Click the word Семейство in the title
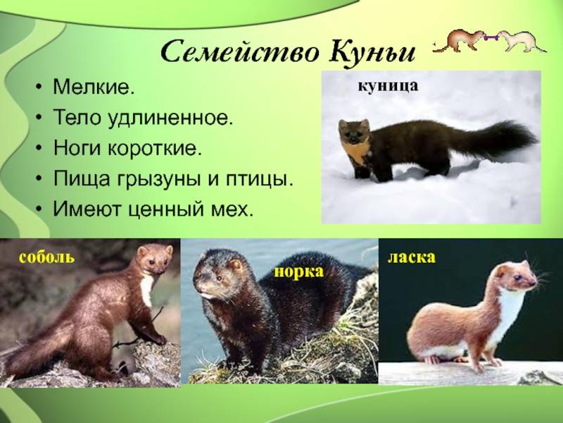(240, 52)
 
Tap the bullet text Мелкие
(94, 86)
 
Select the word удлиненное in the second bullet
(171, 118)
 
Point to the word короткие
(155, 148)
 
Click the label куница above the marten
(388, 86)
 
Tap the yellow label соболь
(47, 257)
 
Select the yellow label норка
(299, 271)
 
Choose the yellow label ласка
(412, 257)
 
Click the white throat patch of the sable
(147, 288)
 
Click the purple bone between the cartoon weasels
(491, 37)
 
